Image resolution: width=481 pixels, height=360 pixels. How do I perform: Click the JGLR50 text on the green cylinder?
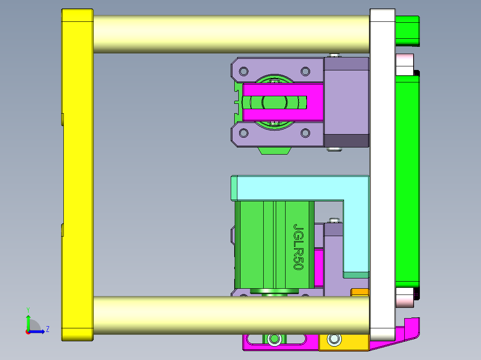[x=298, y=246]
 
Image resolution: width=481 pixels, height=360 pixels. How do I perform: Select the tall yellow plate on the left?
[x=77, y=174]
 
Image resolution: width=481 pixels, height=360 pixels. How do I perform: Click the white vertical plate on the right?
[x=382, y=174]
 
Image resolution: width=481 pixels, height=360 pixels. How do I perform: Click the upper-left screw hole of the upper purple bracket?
[x=244, y=71]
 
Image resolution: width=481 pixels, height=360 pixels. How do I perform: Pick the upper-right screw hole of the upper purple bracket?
[x=305, y=71]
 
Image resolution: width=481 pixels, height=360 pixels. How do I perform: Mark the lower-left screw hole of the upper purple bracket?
[x=244, y=133]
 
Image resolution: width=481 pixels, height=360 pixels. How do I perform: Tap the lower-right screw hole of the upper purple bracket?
[x=305, y=133]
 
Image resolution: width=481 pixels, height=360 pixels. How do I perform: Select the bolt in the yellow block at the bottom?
[x=333, y=340]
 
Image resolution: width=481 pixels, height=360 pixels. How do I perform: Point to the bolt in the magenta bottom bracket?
[x=273, y=340]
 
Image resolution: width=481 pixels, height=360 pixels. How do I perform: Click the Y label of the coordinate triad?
[x=28, y=309]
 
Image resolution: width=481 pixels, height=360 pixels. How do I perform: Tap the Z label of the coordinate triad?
[x=47, y=329]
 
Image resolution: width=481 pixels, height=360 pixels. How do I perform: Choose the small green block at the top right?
[x=407, y=30]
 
